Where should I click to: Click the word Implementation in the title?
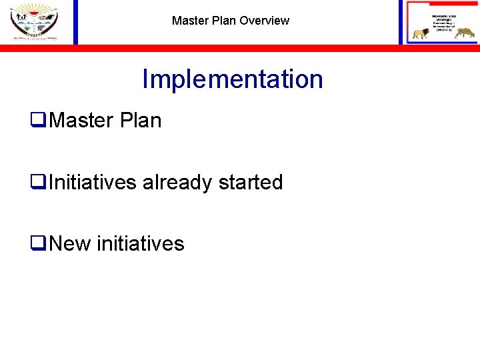click(232, 79)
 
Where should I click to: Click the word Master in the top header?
click(191, 21)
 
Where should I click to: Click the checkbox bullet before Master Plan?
click(38, 121)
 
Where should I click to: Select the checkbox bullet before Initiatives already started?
click(38, 183)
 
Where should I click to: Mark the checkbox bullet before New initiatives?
click(38, 244)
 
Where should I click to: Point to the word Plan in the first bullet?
click(142, 121)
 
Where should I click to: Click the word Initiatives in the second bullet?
click(93, 182)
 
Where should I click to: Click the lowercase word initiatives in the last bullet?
click(141, 243)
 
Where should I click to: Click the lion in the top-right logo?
click(421, 33)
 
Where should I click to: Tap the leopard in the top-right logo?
click(460, 33)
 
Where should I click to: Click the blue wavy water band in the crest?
click(33, 22)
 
